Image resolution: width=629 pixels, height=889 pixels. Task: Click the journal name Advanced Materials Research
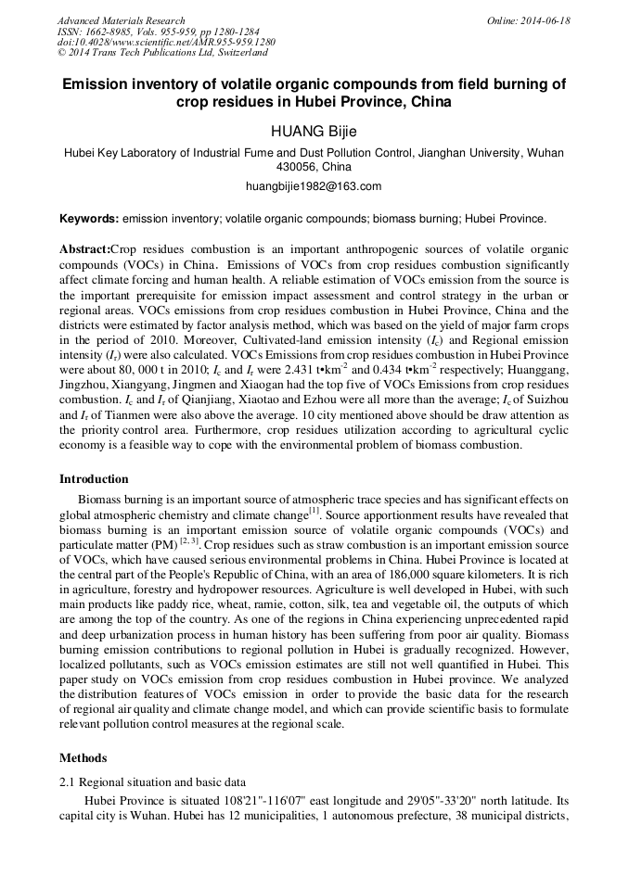click(x=121, y=20)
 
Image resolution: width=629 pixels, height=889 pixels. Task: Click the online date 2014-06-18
click(x=546, y=20)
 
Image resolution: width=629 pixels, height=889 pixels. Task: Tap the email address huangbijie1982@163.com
click(x=314, y=186)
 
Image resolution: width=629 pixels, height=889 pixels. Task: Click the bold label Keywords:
click(x=89, y=220)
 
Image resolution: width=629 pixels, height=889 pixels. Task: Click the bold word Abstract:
click(x=84, y=250)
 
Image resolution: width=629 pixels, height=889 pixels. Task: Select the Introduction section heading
click(x=94, y=479)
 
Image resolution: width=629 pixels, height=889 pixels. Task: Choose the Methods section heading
click(x=83, y=757)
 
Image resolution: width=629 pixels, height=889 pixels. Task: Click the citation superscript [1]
click(x=314, y=510)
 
